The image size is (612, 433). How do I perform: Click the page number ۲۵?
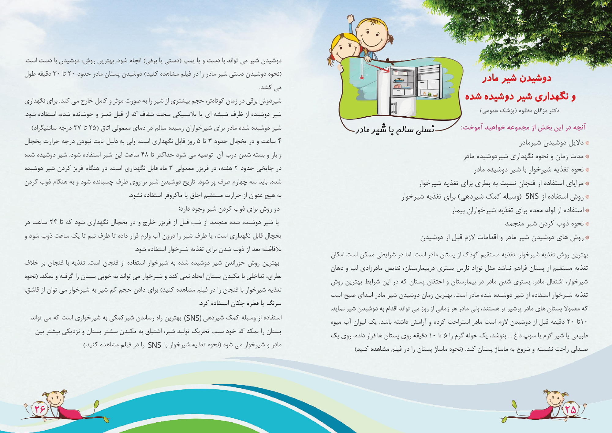tap(570, 409)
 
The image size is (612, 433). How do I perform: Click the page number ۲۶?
tap(40, 409)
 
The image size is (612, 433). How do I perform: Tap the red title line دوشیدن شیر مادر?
tap(517, 78)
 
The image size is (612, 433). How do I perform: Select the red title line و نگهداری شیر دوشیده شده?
tap(520, 97)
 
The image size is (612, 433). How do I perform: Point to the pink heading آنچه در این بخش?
tap(523, 127)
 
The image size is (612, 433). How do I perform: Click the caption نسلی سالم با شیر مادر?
tap(395, 130)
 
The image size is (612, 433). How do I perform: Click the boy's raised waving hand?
tap(351, 19)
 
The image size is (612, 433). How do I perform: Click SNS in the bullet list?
tap(532, 197)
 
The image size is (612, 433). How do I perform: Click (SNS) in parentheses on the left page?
tap(192, 318)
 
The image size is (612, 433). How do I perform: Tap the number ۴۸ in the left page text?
tap(144, 155)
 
